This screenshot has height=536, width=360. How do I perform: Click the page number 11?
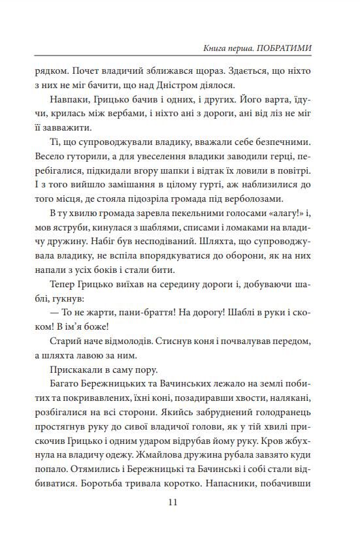click(172, 502)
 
